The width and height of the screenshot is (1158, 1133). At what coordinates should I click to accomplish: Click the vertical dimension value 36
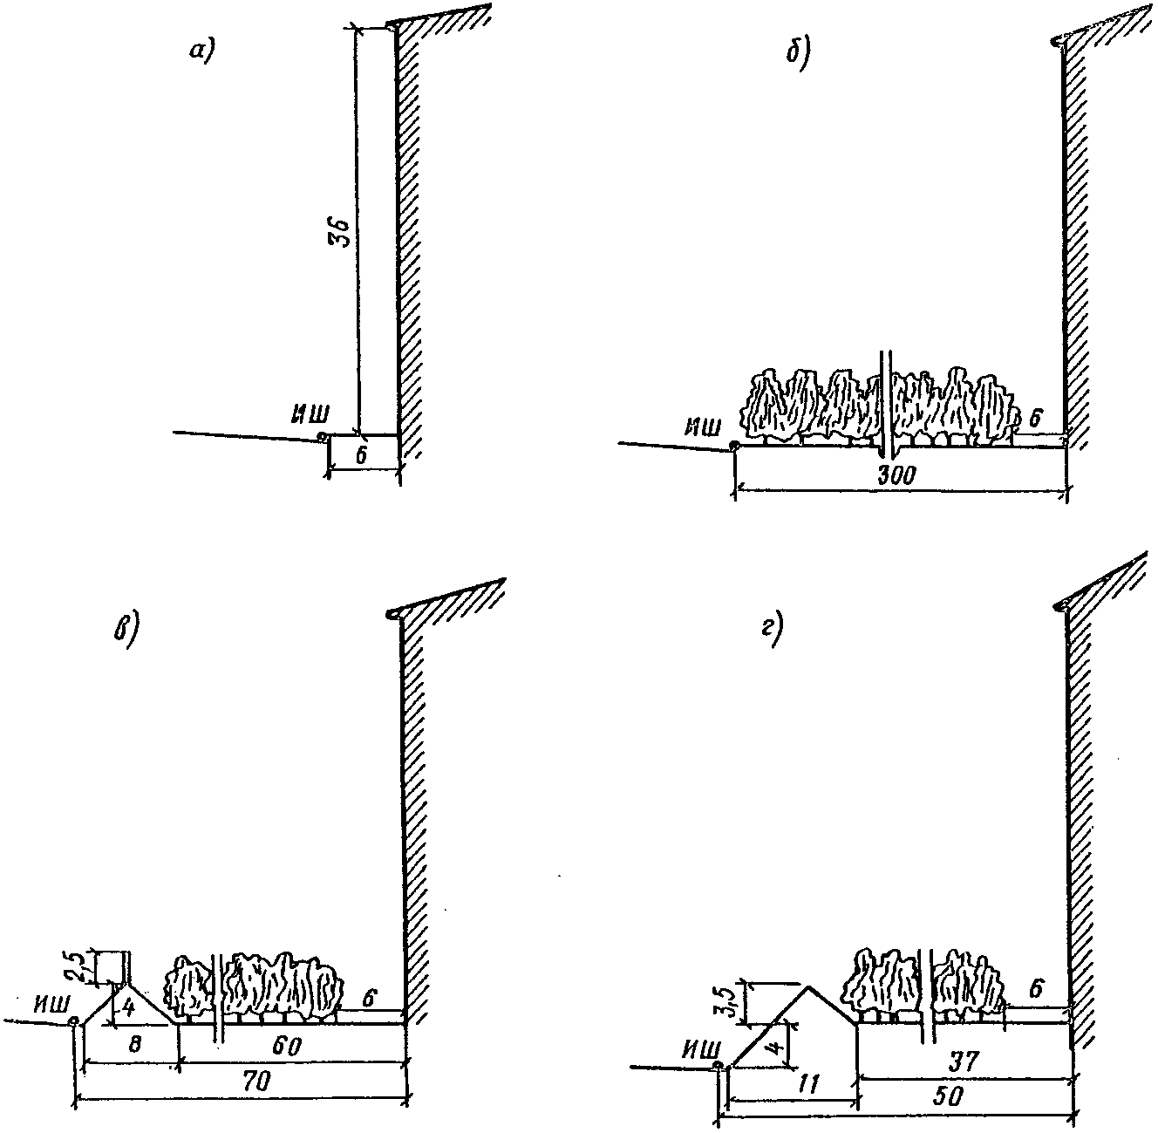(343, 232)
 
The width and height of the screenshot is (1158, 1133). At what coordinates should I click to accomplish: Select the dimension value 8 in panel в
(133, 1045)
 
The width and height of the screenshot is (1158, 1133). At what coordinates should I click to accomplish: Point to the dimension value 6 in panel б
(1035, 417)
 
